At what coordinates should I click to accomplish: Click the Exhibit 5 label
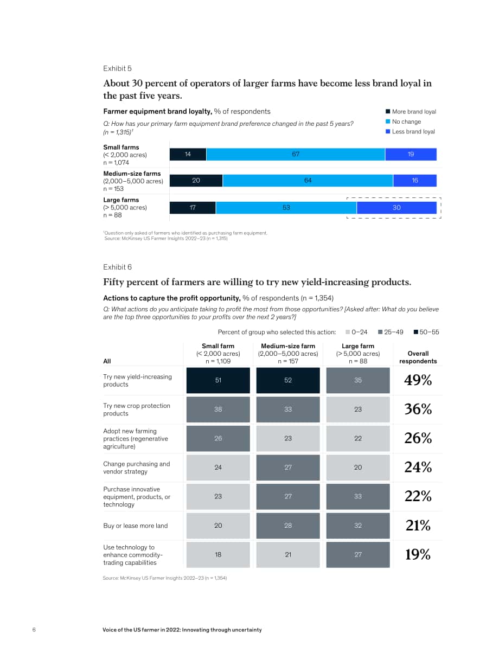click(118, 68)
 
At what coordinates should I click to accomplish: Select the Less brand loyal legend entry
click(411, 131)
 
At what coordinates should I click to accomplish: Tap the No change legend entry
click(404, 121)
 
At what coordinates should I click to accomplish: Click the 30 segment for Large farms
click(396, 208)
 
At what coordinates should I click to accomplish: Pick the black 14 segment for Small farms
click(188, 154)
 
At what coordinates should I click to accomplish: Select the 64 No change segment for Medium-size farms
click(308, 181)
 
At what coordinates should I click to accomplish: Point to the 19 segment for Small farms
click(411, 154)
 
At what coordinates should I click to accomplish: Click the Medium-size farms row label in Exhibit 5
click(133, 181)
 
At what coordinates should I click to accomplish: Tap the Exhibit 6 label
click(118, 267)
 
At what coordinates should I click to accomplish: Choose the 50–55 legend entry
click(426, 332)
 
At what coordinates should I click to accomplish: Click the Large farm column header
click(357, 354)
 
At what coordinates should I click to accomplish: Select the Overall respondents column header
click(418, 357)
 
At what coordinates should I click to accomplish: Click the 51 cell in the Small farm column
click(218, 380)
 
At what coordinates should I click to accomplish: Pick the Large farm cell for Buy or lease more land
click(357, 526)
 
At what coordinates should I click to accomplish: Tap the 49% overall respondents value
click(418, 380)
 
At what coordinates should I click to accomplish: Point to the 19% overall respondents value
click(418, 554)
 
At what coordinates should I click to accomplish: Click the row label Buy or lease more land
click(136, 526)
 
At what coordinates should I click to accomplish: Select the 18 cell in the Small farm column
click(218, 555)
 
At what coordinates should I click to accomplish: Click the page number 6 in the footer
click(34, 630)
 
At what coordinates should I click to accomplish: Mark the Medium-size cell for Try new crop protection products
click(288, 410)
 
